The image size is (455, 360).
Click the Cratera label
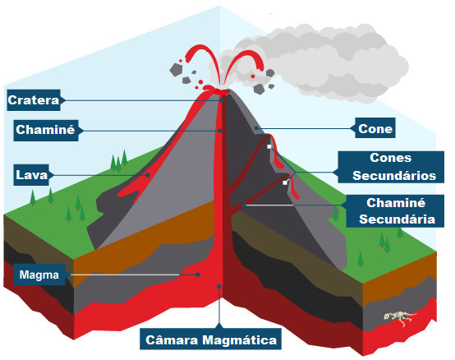coord(34,100)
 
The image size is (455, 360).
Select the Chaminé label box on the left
coord(46,131)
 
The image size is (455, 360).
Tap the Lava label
coord(31,175)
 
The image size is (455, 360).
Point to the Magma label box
coord(39,275)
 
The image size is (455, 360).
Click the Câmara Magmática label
coord(211,339)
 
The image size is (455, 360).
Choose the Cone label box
coord(375,128)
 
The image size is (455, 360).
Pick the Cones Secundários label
coord(391,167)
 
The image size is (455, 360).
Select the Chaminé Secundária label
coord(395,211)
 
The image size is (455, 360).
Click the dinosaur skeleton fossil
coord(400,317)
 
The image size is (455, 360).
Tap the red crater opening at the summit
coord(222,92)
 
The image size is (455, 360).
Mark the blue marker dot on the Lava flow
coord(148,175)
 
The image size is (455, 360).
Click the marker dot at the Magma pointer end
coord(198,275)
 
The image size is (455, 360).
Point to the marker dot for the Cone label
coord(256,128)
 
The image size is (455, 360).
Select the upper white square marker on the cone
coord(269,146)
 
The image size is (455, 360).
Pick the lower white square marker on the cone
coord(285,182)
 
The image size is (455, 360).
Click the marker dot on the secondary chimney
coord(244,205)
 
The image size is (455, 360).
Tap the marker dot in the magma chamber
coord(219,287)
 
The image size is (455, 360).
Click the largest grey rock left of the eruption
coord(176,70)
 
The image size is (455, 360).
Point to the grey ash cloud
coord(314,62)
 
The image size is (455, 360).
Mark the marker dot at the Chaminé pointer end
coord(220,131)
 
